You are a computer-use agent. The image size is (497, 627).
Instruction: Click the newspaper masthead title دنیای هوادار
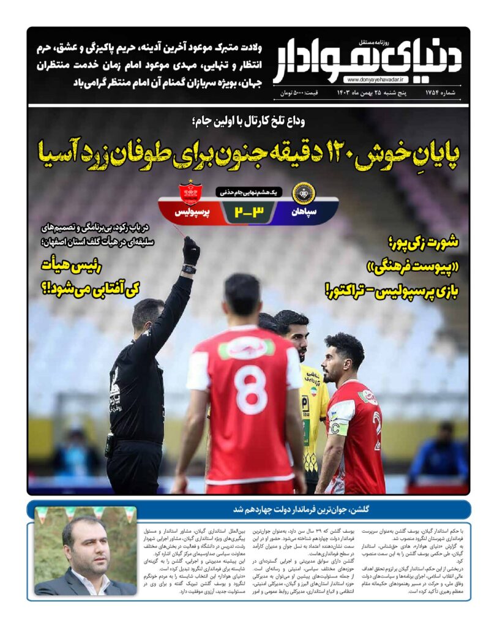tap(367, 59)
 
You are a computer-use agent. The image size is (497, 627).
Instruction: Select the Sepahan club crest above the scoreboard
tap(302, 192)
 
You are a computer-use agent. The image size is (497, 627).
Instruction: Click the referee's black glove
tap(191, 250)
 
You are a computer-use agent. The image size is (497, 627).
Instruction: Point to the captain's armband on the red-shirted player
tap(339, 427)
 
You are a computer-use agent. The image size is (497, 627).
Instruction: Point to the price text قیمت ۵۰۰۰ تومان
tap(301, 93)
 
